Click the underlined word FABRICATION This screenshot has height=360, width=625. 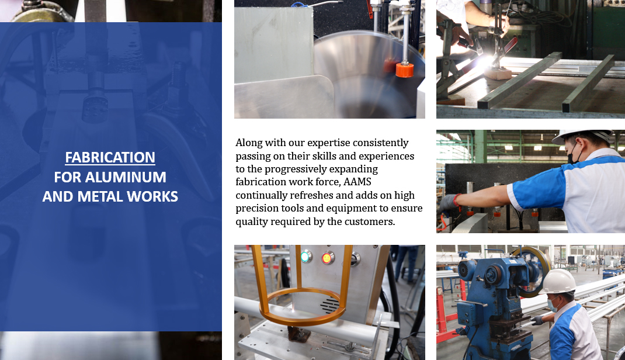pos(110,157)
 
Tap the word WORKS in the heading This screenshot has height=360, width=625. pos(152,196)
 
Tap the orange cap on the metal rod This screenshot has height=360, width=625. pos(405,70)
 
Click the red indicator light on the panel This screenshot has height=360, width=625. pos(327,258)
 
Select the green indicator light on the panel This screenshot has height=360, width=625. pos(305,257)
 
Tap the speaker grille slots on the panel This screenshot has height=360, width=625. pos(329,306)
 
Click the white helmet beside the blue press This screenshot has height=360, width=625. pos(558,282)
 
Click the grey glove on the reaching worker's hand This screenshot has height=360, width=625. pos(447,203)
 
